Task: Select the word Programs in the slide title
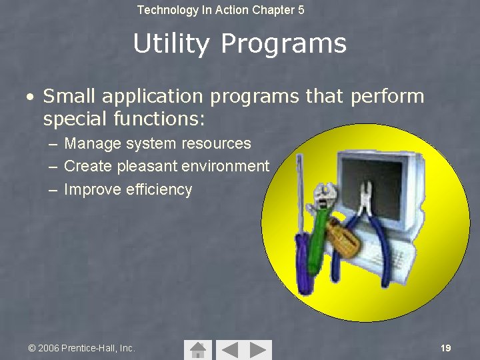click(x=283, y=45)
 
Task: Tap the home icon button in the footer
click(x=197, y=349)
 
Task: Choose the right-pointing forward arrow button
click(x=259, y=349)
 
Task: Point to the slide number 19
click(x=446, y=348)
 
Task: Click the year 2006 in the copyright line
click(x=49, y=348)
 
